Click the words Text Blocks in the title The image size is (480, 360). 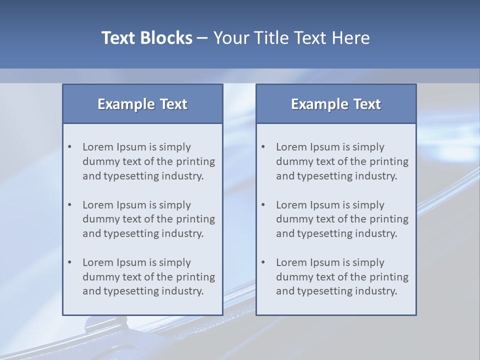(x=146, y=38)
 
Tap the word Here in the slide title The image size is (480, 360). (x=352, y=38)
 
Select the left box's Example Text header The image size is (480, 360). (x=142, y=104)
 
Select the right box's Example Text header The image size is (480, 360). (x=336, y=104)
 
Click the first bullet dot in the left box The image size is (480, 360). (x=70, y=147)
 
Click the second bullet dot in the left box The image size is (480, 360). (x=70, y=205)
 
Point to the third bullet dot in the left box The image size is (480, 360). (x=70, y=262)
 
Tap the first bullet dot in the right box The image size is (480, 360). (x=263, y=147)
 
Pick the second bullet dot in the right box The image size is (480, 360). (x=263, y=205)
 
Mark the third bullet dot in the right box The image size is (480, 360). (x=263, y=262)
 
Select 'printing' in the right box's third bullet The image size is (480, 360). (x=388, y=277)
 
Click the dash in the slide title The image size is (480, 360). (x=202, y=38)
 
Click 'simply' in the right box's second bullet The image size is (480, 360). (x=368, y=205)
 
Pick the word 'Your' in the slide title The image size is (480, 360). (x=230, y=38)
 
